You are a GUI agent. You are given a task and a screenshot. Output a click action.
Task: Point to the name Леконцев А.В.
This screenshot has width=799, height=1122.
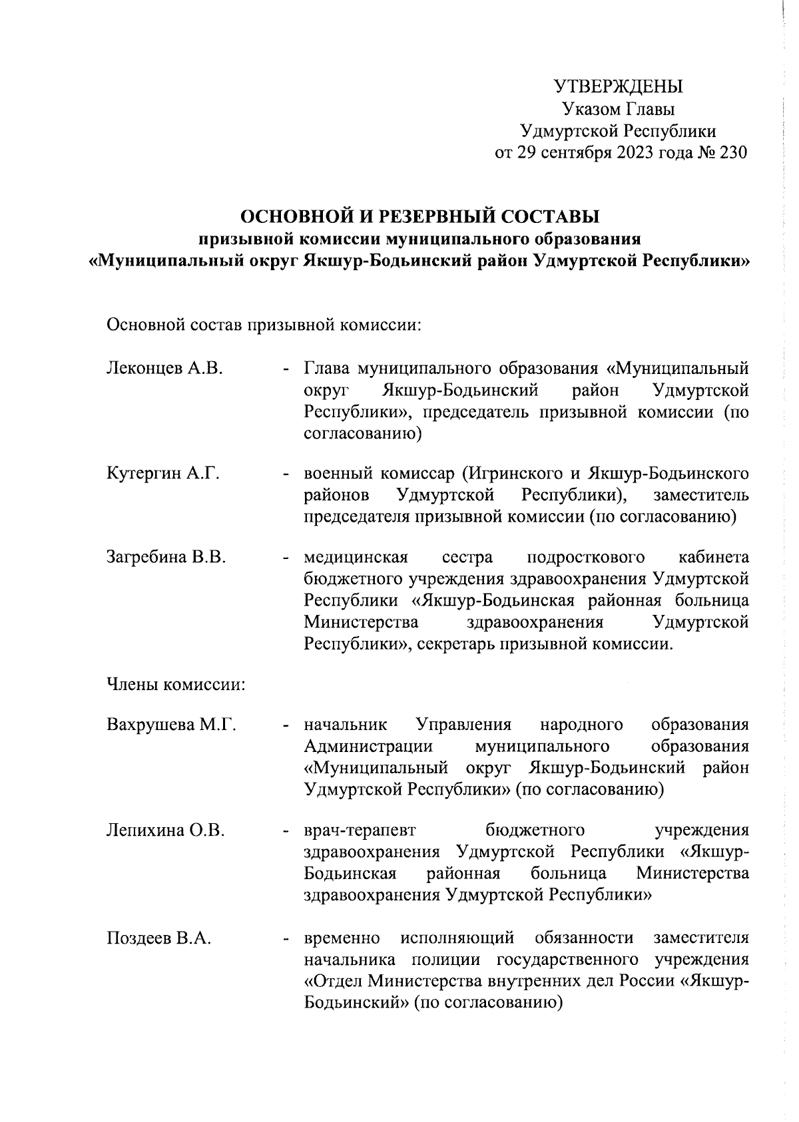[164, 368]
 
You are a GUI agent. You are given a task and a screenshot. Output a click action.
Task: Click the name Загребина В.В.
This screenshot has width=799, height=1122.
[166, 557]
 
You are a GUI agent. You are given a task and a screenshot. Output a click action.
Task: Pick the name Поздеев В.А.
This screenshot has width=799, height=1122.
[159, 938]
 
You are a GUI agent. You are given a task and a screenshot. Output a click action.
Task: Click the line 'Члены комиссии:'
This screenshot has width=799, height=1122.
[176, 685]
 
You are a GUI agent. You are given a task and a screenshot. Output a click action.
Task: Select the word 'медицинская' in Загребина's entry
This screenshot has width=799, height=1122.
[356, 557]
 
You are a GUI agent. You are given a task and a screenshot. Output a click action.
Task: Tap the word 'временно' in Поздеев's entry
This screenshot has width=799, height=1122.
[342, 938]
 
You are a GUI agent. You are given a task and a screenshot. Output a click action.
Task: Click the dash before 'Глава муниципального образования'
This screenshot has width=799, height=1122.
[286, 368]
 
